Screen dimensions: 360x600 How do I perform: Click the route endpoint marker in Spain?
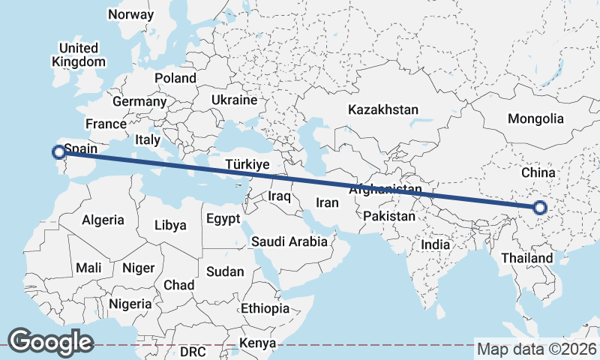click(58, 152)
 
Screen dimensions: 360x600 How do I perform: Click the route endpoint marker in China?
click(539, 208)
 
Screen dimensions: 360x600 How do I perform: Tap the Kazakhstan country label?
click(382, 109)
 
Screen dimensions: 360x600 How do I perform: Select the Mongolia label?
click(535, 118)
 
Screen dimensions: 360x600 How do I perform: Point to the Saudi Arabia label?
click(289, 241)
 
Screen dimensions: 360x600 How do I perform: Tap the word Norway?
click(130, 14)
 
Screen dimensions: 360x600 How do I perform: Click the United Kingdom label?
click(78, 55)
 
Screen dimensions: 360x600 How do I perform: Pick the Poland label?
click(175, 78)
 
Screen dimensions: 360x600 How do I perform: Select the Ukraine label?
click(234, 100)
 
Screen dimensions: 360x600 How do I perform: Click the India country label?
click(435, 244)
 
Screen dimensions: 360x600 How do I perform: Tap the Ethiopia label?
click(265, 308)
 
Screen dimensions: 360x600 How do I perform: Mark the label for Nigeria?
click(130, 304)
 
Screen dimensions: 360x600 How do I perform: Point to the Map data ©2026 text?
click(536, 349)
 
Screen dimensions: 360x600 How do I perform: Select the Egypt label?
click(222, 220)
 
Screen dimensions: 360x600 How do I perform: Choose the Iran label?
click(327, 202)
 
